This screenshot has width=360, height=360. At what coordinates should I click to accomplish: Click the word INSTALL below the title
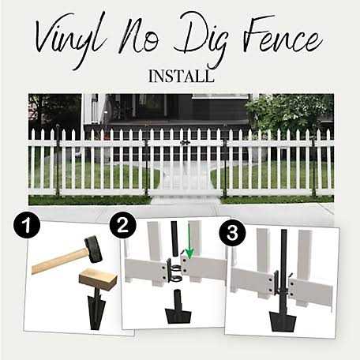point(181,78)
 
